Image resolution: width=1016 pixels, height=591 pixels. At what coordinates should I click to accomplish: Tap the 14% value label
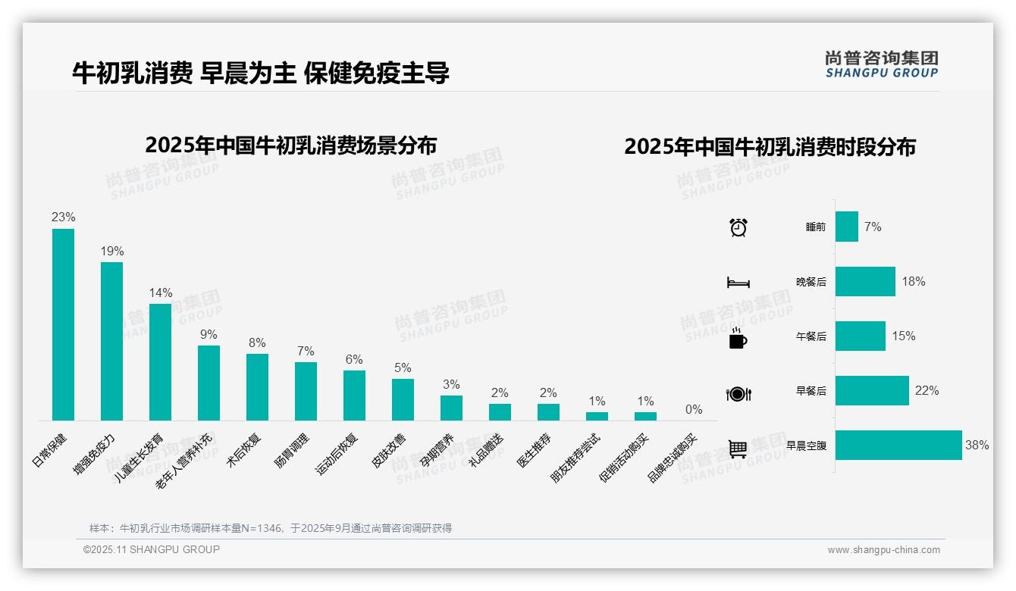(161, 292)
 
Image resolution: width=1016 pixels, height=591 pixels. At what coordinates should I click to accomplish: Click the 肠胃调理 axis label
(292, 451)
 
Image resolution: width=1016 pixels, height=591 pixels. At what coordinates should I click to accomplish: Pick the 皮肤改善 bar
(403, 399)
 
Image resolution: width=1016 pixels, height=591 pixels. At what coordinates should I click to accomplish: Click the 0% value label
(694, 409)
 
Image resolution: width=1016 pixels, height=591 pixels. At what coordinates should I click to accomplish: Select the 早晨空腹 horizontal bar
(898, 446)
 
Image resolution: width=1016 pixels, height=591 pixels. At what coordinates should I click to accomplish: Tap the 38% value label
(977, 446)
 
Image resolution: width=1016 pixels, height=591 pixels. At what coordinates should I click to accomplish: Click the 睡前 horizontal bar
(847, 227)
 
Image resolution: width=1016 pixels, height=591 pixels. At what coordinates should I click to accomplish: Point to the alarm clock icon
(738, 227)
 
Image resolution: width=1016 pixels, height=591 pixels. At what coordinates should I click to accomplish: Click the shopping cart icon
(738, 449)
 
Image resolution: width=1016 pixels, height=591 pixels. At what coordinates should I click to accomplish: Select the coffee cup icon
(738, 339)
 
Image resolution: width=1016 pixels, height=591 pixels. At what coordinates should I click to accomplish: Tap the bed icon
(738, 283)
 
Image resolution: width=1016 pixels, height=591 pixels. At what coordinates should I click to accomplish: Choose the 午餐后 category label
(811, 336)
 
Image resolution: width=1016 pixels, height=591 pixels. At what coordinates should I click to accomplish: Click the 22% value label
(927, 391)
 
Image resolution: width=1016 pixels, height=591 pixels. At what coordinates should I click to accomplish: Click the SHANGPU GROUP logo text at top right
(882, 73)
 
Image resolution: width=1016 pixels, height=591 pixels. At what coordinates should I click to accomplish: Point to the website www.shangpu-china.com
(883, 550)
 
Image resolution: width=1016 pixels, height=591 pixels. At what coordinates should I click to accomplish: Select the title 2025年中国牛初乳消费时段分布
(770, 146)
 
